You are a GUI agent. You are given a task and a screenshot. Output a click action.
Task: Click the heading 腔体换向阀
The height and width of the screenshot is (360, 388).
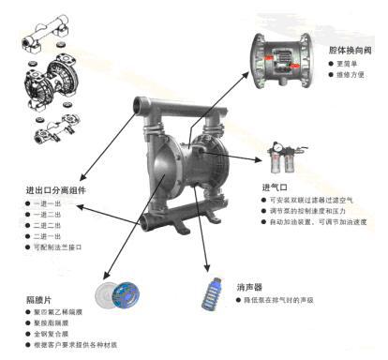coord(347,48)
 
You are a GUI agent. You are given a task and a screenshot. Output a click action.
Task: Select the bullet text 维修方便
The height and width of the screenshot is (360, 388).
coord(350,74)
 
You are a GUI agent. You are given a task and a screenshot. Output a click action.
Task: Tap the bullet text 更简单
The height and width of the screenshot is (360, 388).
coord(346,62)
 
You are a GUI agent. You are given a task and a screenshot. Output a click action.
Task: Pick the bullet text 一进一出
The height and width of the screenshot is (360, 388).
coord(47,204)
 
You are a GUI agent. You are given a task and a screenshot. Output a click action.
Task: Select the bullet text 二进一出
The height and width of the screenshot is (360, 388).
coord(47,226)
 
